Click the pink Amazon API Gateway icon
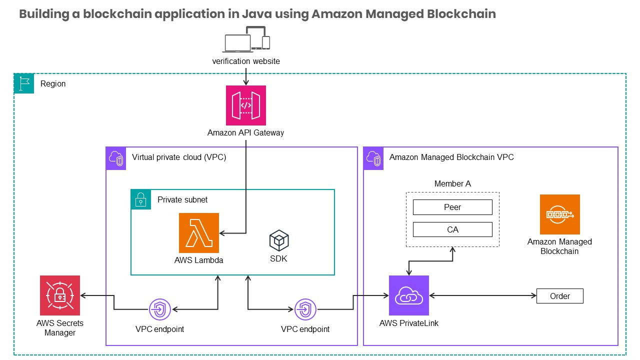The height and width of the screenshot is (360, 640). pos(245,105)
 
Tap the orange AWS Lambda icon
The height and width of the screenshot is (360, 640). pos(198,233)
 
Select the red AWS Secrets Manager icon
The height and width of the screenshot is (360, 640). pos(60,295)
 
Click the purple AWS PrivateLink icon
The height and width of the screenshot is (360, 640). pos(409,295)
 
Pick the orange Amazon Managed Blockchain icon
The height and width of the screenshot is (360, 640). pos(559,214)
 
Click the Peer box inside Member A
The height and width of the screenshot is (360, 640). pos(452,207)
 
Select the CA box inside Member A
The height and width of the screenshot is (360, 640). pos(452,229)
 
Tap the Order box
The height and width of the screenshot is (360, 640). pos(559,296)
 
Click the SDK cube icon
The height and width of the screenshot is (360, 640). pos(279,241)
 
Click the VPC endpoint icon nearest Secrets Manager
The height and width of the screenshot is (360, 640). pos(160,310)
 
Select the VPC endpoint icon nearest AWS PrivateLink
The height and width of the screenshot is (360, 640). pos(305,310)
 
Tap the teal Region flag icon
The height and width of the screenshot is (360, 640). pos(24,83)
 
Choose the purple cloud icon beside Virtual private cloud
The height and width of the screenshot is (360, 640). pos(116,157)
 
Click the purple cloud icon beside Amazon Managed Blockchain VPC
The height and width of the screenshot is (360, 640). pos(373,157)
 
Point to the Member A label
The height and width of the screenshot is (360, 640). pos(452,183)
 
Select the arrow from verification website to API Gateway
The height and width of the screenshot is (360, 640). pos(245,76)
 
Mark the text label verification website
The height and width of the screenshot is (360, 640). pos(246,61)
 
